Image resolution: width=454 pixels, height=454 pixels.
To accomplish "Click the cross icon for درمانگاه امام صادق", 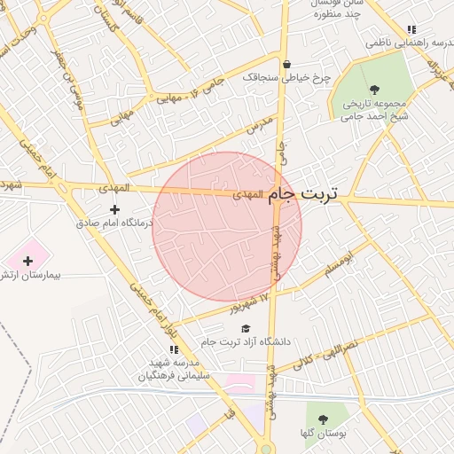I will (x=113, y=209).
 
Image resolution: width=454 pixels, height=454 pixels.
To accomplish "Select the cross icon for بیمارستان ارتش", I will (x=27, y=261).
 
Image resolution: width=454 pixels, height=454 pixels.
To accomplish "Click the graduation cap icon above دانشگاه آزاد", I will (x=245, y=329).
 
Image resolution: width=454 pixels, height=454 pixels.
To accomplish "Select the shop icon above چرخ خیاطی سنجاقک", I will (x=286, y=64).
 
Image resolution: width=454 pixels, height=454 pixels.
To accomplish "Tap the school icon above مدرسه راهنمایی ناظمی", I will (x=411, y=29).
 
